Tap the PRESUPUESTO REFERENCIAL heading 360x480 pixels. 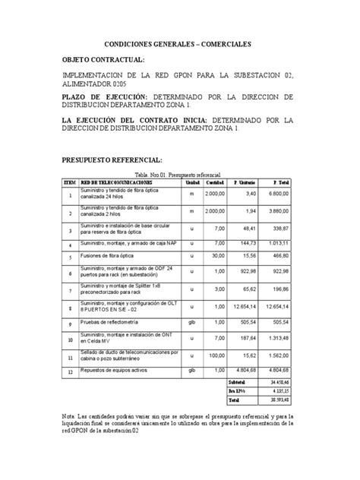[112, 161]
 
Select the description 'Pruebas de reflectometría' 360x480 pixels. [114, 323]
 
